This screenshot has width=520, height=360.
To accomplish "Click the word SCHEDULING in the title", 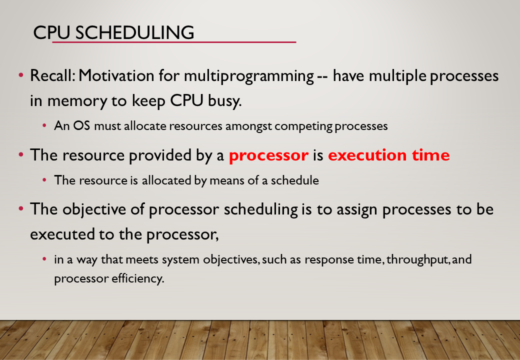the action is tap(134, 32).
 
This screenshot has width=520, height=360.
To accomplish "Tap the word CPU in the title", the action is tap(51, 32).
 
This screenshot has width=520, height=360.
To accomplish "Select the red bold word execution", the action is tap(367, 155).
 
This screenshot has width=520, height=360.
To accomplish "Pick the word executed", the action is tap(62, 234).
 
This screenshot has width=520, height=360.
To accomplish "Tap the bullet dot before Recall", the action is tap(21, 75).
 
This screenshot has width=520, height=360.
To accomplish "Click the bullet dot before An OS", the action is tap(44, 125).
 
